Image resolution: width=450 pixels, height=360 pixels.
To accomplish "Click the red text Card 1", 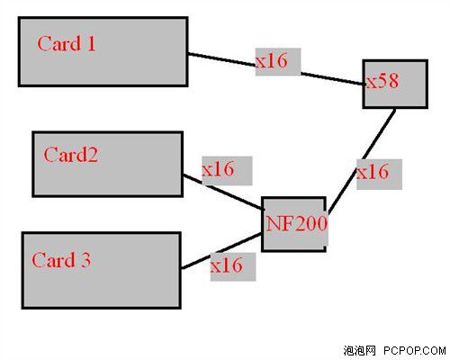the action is pyautogui.click(x=67, y=43).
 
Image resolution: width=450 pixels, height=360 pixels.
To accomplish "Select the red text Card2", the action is pyautogui.click(x=71, y=155).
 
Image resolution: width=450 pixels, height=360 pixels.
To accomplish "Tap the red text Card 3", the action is pyautogui.click(x=61, y=259).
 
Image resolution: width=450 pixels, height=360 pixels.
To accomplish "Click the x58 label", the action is pyautogui.click(x=383, y=81).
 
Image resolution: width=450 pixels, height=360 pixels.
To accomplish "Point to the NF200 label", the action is pyautogui.click(x=297, y=223).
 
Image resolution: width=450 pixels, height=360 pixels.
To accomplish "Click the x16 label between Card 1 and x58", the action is pyautogui.click(x=271, y=61).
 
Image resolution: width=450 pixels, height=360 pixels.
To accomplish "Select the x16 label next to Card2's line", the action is pyautogui.click(x=218, y=169).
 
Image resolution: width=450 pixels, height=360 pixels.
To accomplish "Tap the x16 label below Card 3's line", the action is pyautogui.click(x=227, y=265).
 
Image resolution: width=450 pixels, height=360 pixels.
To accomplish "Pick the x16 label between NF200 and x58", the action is pyautogui.click(x=373, y=172).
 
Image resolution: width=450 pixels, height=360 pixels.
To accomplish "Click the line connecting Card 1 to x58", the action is pyautogui.click(x=276, y=69).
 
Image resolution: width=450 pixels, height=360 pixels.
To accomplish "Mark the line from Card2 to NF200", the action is pyautogui.click(x=223, y=193).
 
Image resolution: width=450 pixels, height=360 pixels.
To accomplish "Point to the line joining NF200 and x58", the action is pyautogui.click(x=362, y=161).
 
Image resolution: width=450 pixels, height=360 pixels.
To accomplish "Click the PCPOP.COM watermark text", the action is pyautogui.click(x=415, y=350).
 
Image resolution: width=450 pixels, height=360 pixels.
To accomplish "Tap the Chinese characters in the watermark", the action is pyautogui.click(x=360, y=350).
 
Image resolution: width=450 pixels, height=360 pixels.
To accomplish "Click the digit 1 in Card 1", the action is pyautogui.click(x=91, y=43).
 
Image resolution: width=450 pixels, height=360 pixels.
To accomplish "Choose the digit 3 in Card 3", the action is pyautogui.click(x=85, y=260).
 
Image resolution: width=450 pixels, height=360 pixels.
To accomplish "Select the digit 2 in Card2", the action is pyautogui.click(x=93, y=155).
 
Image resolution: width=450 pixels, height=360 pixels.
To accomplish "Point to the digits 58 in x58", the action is pyautogui.click(x=389, y=81).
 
